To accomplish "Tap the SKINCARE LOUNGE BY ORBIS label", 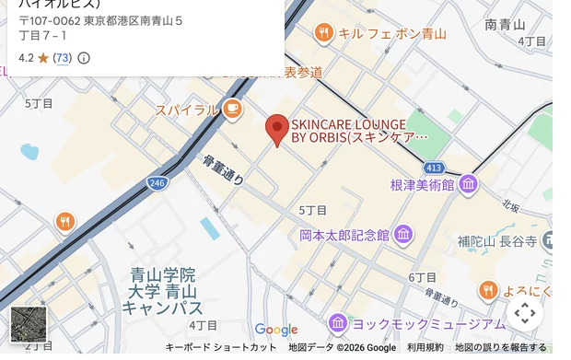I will point(359,130).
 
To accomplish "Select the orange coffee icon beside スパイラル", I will point(232,110).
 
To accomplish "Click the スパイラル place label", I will point(187,110).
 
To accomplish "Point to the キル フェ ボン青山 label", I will point(392,34).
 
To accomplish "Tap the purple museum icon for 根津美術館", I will point(469,184).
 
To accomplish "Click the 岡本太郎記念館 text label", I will point(344,236).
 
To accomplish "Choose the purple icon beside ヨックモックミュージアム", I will point(338,323).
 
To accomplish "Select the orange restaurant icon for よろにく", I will point(488,291).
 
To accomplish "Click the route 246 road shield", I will point(157,184).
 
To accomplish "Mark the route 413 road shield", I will point(435,168).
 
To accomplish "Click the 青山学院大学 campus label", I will point(163,290).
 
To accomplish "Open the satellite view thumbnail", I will point(28,324).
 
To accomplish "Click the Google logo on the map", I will point(276,330).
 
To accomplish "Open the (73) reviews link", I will point(62,58).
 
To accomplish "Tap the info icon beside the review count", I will point(84,58).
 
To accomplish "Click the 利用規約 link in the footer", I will point(425,347).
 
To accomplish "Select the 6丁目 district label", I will point(423,277).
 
